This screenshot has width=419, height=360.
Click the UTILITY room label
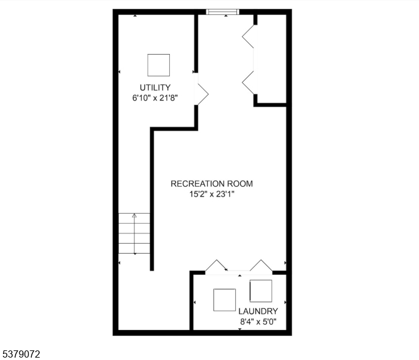click(155, 88)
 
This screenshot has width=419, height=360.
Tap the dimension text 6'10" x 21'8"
click(155, 97)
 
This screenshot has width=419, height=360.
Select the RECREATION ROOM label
click(212, 184)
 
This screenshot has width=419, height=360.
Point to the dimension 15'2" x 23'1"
click(212, 194)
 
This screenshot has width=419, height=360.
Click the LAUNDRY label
click(258, 311)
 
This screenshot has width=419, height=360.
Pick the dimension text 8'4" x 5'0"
click(258, 322)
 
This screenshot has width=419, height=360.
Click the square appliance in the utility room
click(158, 65)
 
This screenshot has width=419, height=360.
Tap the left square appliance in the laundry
click(225, 300)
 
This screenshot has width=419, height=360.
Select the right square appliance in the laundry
click(261, 291)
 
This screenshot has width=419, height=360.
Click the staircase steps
click(134, 234)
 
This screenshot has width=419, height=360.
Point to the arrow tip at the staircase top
click(134, 215)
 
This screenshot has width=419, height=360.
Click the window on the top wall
click(223, 11)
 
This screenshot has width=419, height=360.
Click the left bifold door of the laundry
click(216, 266)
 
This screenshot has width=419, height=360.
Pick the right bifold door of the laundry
click(261, 266)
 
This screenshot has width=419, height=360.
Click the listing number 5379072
click(21, 355)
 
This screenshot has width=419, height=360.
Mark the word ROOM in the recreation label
click(240, 184)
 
